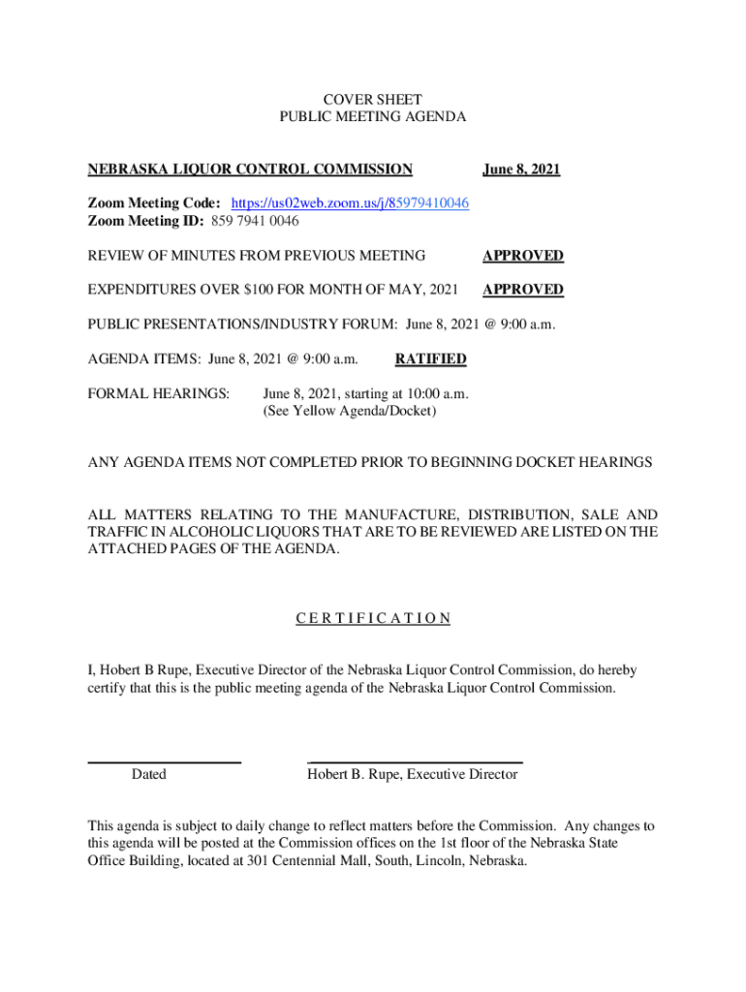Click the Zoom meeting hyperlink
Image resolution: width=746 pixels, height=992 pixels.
tap(351, 203)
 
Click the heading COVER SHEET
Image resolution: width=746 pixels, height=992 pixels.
tap(373, 100)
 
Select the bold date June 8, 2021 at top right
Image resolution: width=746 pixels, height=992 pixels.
tap(521, 170)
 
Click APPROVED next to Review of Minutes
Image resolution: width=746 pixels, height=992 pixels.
tap(523, 256)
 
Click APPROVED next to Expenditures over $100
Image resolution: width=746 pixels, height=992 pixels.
tap(523, 290)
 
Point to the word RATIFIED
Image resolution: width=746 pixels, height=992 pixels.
tap(430, 359)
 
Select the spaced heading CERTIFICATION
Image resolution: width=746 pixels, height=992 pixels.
tap(373, 619)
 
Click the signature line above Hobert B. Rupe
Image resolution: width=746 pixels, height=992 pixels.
tap(415, 763)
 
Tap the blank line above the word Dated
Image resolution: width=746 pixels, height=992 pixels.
tap(164, 763)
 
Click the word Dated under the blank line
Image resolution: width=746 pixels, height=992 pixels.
tap(148, 774)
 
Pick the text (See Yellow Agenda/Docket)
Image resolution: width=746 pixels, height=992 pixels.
tap(350, 411)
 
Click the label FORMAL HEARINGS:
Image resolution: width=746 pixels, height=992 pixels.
tap(159, 394)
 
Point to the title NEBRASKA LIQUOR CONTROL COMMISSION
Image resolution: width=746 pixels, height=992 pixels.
tap(250, 170)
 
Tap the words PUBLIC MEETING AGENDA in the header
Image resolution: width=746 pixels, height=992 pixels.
tap(373, 117)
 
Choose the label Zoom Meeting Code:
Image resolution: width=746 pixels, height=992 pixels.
tap(155, 203)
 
